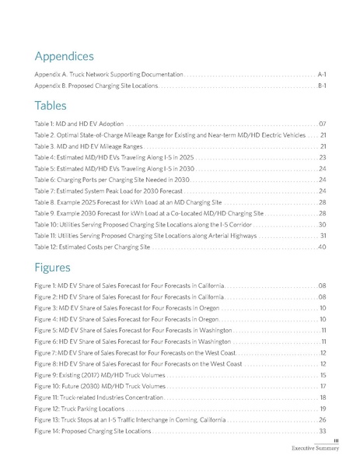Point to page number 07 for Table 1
point(321,124)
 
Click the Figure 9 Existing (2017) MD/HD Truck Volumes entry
point(100,375)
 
